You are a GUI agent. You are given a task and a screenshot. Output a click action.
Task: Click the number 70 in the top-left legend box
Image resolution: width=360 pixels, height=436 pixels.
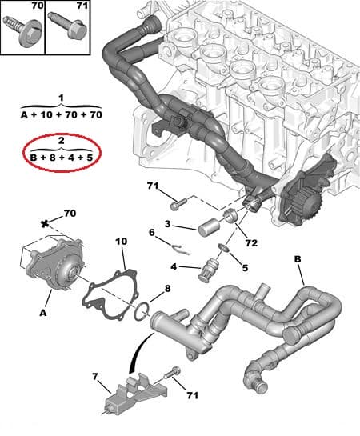pyautogui.click(x=15, y=6)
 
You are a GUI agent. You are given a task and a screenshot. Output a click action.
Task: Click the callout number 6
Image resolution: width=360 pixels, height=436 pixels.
pyautogui.click(x=153, y=233)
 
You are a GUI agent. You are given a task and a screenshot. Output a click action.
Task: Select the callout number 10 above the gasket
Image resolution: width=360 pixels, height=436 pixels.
pyautogui.click(x=122, y=242)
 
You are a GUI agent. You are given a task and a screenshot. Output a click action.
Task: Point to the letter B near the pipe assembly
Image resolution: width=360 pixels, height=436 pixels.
pyautogui.click(x=298, y=260)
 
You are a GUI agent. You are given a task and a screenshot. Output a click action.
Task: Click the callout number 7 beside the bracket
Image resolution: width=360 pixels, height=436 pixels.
pyautogui.click(x=94, y=375)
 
